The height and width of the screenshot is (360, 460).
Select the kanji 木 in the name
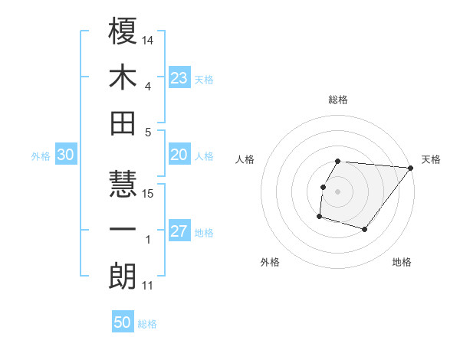pos(123,79)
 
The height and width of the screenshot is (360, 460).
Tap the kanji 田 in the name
pos(123,123)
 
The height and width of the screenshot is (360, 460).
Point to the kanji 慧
pos(123,185)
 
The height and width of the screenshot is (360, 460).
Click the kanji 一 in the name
pos(123,230)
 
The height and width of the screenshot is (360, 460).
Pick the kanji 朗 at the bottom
pos(123,275)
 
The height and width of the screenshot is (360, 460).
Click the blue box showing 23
pos(179,77)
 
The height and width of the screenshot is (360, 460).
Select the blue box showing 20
pos(179,155)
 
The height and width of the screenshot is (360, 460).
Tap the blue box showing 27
pos(179,231)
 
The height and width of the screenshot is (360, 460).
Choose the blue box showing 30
pos(65,155)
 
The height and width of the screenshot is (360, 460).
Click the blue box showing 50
pos(123,322)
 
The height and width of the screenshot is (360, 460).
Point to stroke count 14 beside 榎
pos(149,39)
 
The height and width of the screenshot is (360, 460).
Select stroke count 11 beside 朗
pos(148,286)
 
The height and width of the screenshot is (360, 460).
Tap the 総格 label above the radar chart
pos(338,100)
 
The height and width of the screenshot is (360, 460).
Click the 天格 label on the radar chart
pos(431,159)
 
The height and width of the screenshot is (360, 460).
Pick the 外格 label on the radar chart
pos(270,262)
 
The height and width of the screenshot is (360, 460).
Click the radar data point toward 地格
pos(366,230)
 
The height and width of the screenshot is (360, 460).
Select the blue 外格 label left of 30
pos(41,155)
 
